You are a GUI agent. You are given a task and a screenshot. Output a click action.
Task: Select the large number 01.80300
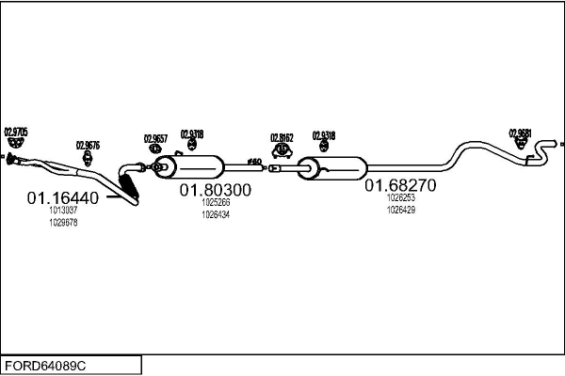(216, 189)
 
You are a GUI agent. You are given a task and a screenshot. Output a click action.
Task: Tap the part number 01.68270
(400, 186)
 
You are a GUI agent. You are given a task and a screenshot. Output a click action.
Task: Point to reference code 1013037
(63, 211)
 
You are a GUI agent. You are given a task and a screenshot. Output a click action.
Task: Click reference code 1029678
(63, 223)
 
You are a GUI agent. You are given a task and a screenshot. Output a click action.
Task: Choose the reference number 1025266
(216, 202)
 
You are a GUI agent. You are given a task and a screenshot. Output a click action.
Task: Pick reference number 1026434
(216, 214)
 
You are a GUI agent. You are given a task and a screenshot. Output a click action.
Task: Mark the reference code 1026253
(400, 198)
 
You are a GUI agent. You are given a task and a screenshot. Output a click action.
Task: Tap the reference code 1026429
(400, 210)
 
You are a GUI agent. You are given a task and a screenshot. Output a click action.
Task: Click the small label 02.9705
(16, 132)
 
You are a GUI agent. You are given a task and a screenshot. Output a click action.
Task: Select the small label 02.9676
(88, 146)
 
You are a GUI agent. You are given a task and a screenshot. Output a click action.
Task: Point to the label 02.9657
(155, 139)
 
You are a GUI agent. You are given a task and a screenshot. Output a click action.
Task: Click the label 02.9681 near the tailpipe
(521, 133)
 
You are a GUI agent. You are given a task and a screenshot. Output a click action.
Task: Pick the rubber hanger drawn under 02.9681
(521, 145)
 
